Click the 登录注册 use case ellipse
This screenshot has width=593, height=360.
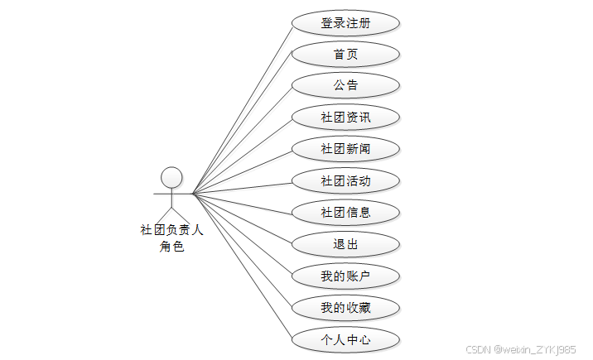[345, 23]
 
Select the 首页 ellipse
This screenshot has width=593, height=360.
[345, 55]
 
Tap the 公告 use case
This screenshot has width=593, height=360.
[345, 85]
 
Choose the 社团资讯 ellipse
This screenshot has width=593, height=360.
[345, 118]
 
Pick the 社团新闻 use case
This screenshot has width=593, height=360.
[345, 149]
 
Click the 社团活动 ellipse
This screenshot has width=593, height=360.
[345, 180]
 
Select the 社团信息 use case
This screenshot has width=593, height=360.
[345, 212]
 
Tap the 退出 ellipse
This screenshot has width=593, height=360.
[345, 244]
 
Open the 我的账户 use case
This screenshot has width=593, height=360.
[345, 276]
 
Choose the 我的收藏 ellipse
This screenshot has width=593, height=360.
[345, 308]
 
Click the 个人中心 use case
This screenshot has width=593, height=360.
[345, 339]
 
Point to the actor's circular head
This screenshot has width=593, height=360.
[171, 176]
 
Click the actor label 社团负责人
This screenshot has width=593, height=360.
[171, 230]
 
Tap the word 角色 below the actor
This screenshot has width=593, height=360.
[171, 247]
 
